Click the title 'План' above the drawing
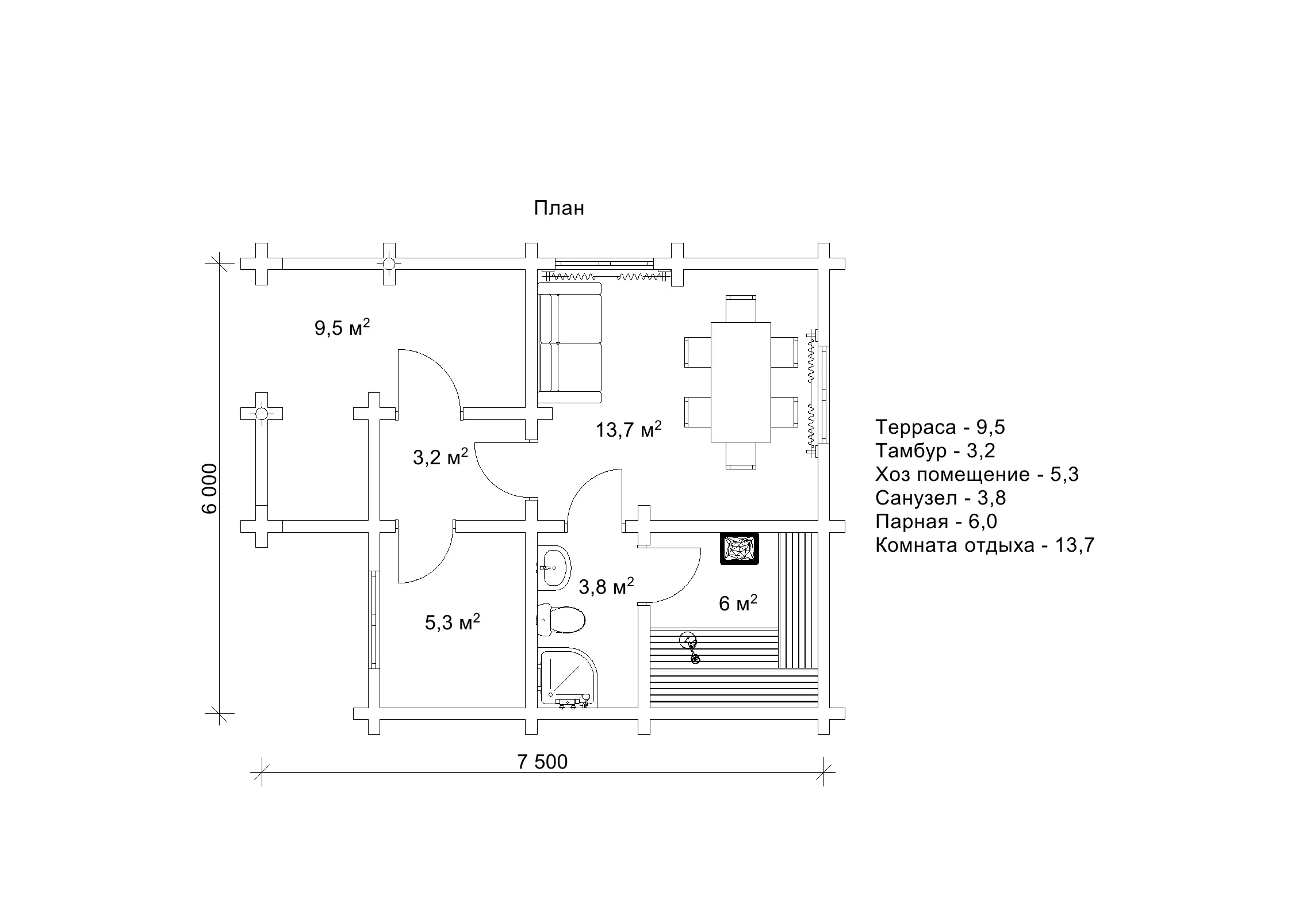click(559, 208)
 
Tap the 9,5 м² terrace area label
click(342, 327)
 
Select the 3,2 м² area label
click(440, 457)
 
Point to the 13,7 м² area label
click(629, 429)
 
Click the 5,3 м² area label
click(453, 622)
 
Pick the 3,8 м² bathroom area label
click(607, 586)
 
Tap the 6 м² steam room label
click(738, 603)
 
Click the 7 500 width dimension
click(542, 762)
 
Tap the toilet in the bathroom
click(562, 620)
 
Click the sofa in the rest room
click(570, 342)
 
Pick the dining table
click(741, 382)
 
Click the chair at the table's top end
click(741, 308)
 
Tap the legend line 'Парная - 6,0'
click(936, 521)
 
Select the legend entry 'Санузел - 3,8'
click(941, 498)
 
